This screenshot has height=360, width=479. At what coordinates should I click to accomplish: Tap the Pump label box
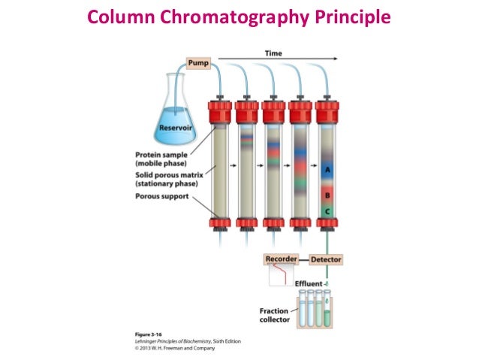pos(199,63)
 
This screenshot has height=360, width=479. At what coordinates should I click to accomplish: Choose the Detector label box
pos(325,259)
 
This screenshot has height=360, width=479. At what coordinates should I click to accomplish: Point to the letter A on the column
pos(327,171)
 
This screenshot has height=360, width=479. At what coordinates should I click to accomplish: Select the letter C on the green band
pos(327,211)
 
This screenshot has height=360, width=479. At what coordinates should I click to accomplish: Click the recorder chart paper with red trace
pos(282,277)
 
